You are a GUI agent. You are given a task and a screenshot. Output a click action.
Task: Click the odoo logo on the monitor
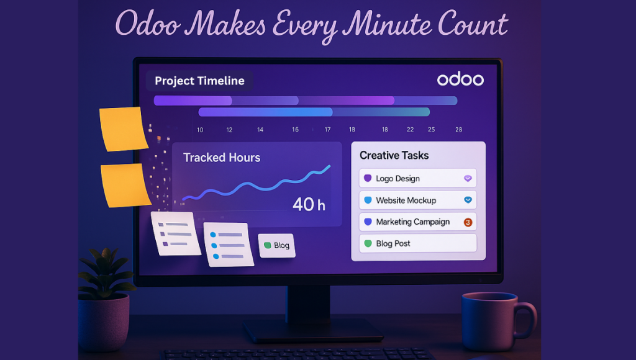pyautogui.click(x=460, y=79)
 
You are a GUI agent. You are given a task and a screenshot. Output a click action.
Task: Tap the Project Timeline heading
pyautogui.click(x=199, y=81)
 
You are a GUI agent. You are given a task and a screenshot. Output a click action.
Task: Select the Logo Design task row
pyautogui.click(x=418, y=178)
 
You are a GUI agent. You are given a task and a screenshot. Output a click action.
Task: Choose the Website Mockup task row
pyautogui.click(x=418, y=200)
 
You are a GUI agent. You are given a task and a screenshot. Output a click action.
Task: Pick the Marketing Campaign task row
pyautogui.click(x=418, y=222)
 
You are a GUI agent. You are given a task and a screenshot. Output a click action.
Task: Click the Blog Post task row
pyautogui.click(x=418, y=243)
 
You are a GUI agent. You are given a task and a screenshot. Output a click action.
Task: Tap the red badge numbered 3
pyautogui.click(x=468, y=222)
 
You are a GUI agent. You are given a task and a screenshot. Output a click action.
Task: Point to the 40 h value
pyautogui.click(x=309, y=204)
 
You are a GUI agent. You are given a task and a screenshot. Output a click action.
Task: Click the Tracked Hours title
pyautogui.click(x=222, y=157)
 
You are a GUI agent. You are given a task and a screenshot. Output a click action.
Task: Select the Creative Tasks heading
pyautogui.click(x=394, y=155)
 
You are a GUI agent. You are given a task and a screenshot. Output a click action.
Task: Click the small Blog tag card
pyautogui.click(x=277, y=245)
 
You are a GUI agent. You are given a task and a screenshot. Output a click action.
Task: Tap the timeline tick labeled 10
pyautogui.click(x=200, y=130)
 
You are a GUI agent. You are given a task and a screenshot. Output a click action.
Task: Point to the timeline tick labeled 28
pyautogui.click(x=459, y=130)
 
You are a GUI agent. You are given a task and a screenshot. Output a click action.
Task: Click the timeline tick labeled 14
pyautogui.click(x=260, y=130)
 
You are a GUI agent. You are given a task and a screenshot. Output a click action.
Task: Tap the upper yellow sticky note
pyautogui.click(x=124, y=129)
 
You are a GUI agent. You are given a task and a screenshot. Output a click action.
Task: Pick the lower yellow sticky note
pyautogui.click(x=125, y=185)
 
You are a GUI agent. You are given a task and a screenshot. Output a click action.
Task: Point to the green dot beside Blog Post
pyautogui.click(x=368, y=243)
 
